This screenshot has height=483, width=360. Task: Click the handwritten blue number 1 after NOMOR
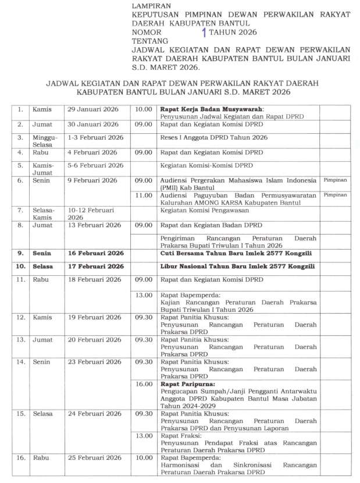204,33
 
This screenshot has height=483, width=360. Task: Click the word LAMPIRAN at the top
152,5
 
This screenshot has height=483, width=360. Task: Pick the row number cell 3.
20,140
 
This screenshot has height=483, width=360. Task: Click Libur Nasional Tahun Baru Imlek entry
238,267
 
